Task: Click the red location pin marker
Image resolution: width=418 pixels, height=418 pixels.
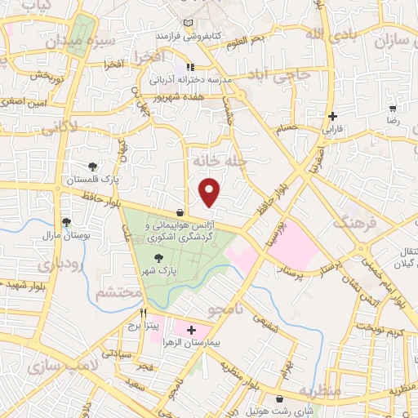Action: pos(211,192)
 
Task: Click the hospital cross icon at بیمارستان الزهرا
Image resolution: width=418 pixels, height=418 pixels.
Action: pos(192,330)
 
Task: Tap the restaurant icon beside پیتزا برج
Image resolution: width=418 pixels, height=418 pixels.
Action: pos(144,312)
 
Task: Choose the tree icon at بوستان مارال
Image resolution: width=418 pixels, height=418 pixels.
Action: pos(66,221)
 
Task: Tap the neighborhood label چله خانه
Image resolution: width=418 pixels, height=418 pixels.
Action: pos(219,159)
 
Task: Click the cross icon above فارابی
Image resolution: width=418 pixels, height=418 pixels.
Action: pos(332,117)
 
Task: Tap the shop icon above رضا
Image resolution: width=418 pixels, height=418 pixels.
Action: pos(393,109)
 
